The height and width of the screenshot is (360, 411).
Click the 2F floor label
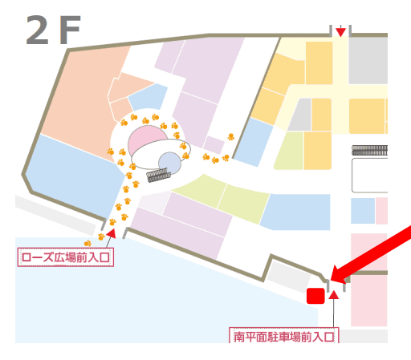point(53,31)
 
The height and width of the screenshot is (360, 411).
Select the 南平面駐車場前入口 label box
point(283,336)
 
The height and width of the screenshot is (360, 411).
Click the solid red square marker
point(315,296)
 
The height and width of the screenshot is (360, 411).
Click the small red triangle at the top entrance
point(341,31)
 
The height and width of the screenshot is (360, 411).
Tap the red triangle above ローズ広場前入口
point(111,233)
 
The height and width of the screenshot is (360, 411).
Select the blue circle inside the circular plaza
point(169,164)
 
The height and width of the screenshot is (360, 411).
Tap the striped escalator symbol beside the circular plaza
point(157,176)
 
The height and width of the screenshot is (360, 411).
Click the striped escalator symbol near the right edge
point(369,149)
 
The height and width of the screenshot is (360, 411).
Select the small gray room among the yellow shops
point(299,115)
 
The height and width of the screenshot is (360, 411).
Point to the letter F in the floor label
point(69,31)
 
